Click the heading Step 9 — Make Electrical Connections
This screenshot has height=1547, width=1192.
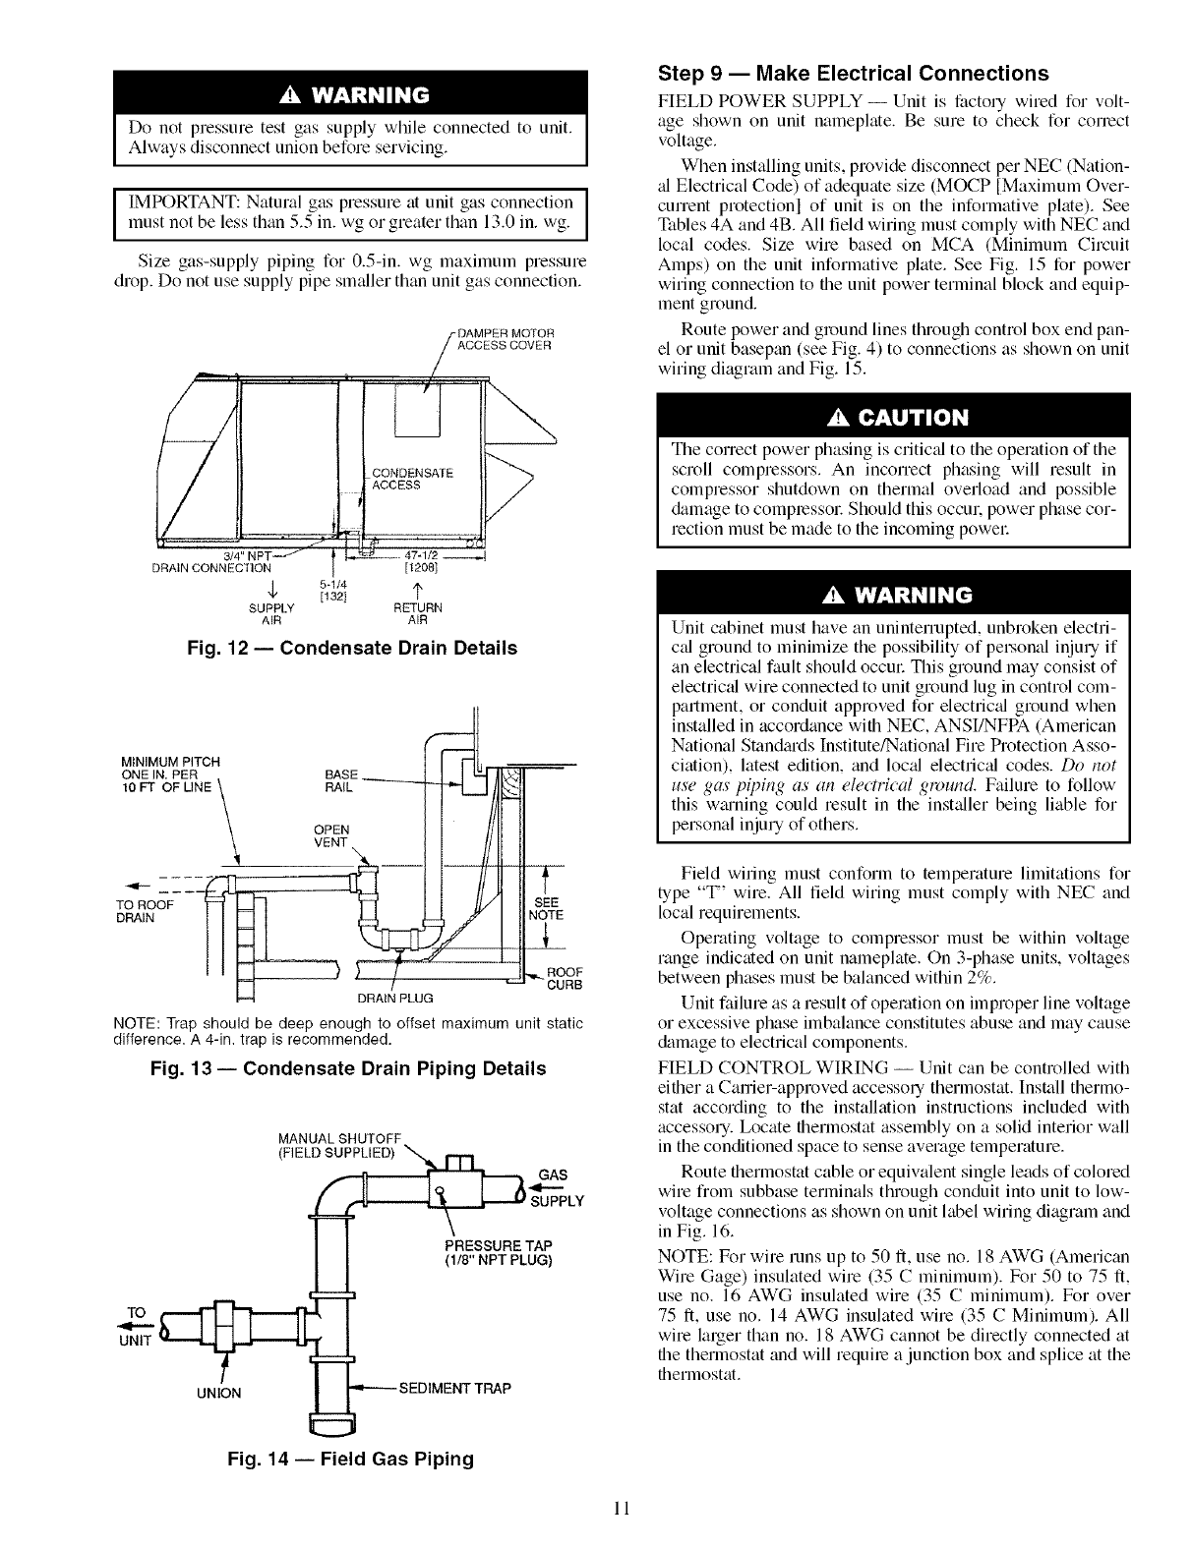(x=852, y=74)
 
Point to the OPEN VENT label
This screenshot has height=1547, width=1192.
(x=327, y=835)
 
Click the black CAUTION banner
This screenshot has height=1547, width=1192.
(x=893, y=418)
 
